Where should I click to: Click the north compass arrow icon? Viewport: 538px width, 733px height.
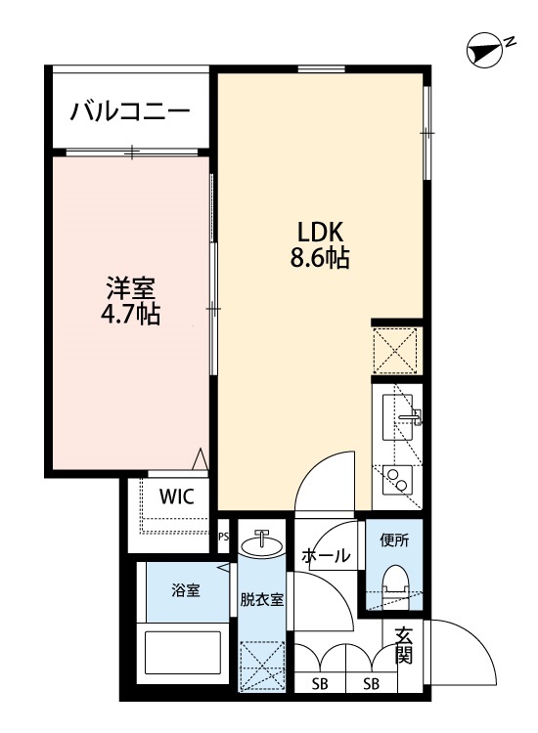point(482,52)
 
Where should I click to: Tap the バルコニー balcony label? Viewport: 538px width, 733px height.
point(129,110)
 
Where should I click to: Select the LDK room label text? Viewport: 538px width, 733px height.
point(319,232)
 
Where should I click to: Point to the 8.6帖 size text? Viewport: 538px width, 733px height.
point(319,259)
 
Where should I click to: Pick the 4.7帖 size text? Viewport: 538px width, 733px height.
point(130,316)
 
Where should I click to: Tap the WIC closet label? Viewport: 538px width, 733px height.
point(177,496)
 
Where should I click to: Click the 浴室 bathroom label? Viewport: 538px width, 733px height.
point(186,590)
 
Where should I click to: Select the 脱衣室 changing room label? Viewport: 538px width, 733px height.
point(261,599)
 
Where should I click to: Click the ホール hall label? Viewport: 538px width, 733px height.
point(326,556)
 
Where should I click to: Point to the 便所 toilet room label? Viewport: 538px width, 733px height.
point(394,539)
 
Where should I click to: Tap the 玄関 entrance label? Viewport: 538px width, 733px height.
point(403,645)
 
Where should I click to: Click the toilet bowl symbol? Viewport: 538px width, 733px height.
point(395,584)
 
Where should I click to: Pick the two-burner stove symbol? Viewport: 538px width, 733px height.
point(398,479)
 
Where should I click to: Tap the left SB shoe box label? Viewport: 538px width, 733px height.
point(320,684)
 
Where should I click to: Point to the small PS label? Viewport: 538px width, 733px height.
point(222,536)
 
